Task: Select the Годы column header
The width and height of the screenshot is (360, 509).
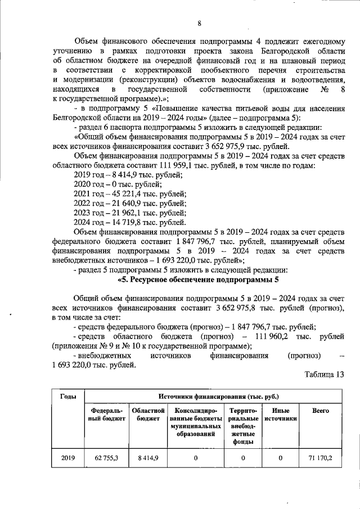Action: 68,397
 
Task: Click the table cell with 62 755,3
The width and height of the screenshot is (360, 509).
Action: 106,458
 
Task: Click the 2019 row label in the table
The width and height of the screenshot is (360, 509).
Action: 68,458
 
